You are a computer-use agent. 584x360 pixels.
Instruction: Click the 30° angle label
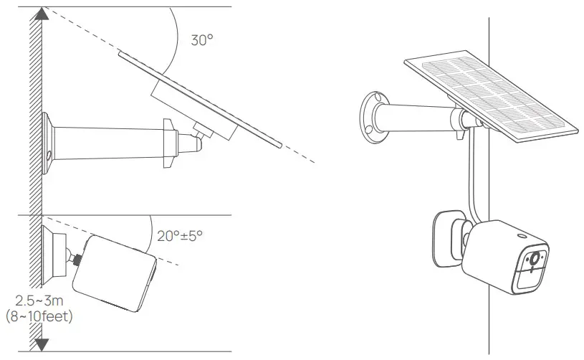click(202, 40)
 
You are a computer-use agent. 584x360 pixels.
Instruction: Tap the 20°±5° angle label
click(180, 236)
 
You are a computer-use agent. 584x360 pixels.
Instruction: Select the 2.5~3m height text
click(39, 300)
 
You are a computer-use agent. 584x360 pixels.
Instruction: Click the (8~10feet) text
click(39, 316)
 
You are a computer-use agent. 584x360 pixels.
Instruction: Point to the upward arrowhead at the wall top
click(42, 14)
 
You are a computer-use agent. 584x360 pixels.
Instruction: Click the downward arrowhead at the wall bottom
click(42, 345)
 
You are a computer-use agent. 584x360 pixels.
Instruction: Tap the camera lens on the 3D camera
click(535, 258)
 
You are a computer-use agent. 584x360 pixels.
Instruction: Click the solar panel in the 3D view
click(492, 96)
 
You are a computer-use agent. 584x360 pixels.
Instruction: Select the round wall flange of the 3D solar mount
click(374, 117)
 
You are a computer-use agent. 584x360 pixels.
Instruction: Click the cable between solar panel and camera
click(471, 175)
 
